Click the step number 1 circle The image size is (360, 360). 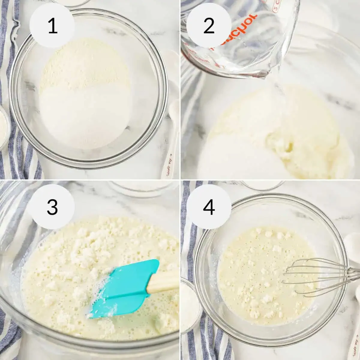53,26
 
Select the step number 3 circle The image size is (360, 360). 52,207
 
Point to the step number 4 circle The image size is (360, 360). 209,207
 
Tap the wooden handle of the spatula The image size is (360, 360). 163,280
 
